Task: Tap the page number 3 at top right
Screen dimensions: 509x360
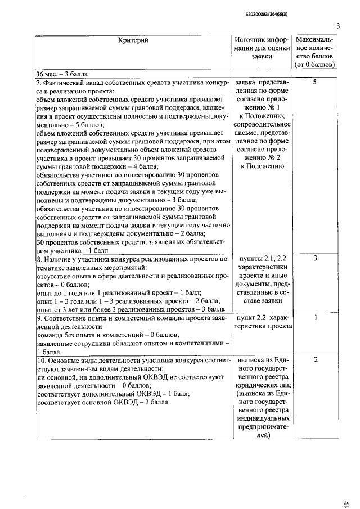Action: [x=339, y=25]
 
